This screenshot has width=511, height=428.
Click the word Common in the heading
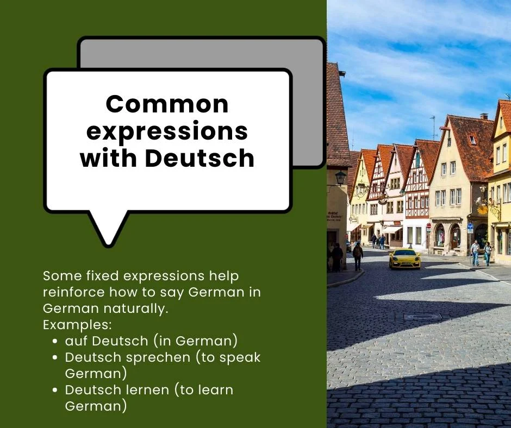click(x=167, y=104)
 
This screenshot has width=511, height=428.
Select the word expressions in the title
click(x=167, y=131)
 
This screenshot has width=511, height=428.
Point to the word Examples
click(x=77, y=325)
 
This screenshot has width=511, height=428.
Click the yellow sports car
click(x=404, y=259)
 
